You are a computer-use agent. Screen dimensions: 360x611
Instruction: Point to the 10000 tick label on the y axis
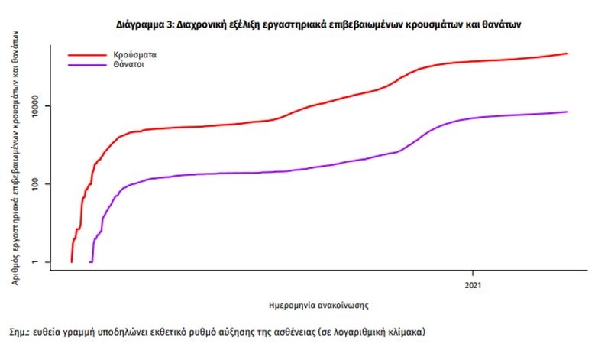tap(31, 105)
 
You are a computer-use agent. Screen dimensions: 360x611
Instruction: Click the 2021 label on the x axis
tap(473, 287)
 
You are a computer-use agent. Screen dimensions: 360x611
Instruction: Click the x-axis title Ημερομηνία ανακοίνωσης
tap(320, 305)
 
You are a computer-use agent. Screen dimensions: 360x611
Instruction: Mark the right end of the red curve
tap(567, 54)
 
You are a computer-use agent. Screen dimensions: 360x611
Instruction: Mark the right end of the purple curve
tap(567, 112)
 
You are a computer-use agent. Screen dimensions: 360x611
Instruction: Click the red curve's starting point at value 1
tap(71, 262)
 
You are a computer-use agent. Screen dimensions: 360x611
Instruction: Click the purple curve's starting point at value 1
tap(90, 262)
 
